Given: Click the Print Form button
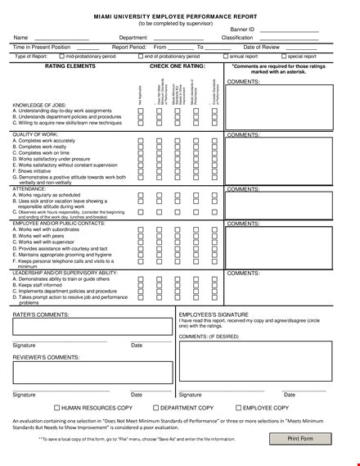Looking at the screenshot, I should coord(300,438).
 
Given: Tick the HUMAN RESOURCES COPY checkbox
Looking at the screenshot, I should coord(56,407).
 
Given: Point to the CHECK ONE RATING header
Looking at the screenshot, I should coord(178,65).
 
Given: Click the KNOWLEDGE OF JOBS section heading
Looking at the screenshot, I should coord(40,106).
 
